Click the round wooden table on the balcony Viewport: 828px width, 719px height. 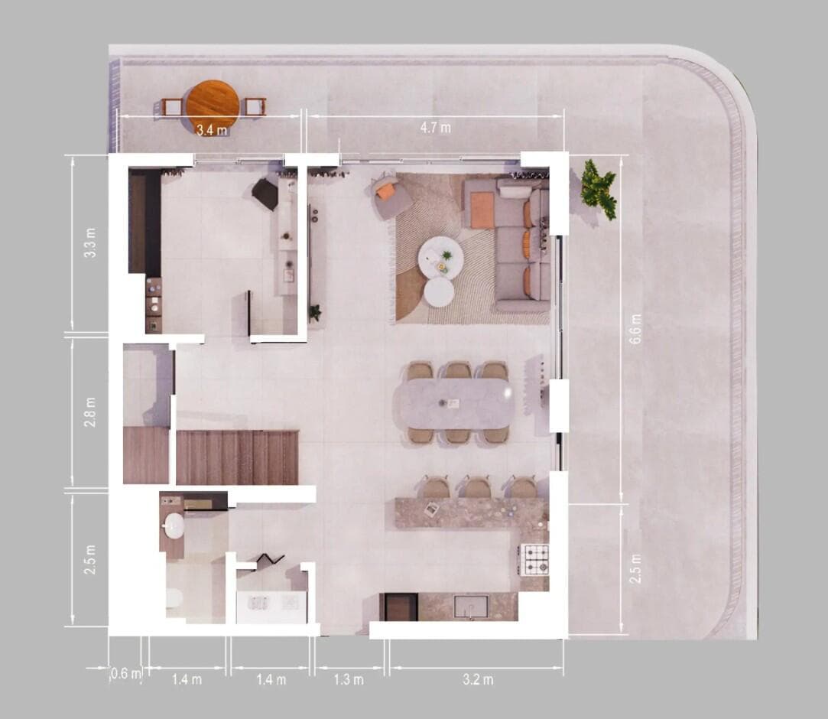pyautogui.click(x=213, y=103)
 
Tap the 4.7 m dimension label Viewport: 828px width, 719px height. pyautogui.click(x=434, y=128)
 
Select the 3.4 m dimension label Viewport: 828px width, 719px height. pyautogui.click(x=212, y=130)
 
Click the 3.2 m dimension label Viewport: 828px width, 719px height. pyautogui.click(x=478, y=679)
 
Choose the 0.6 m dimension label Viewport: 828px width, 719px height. pyautogui.click(x=126, y=674)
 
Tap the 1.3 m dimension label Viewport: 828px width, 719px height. pyautogui.click(x=349, y=679)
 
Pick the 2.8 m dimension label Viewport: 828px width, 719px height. pyautogui.click(x=90, y=412)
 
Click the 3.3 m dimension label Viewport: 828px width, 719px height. pyautogui.click(x=90, y=242)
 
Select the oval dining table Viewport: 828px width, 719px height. pyautogui.click(x=458, y=403)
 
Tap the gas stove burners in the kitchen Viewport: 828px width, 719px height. pyautogui.click(x=534, y=559)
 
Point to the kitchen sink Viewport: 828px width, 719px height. pyautogui.click(x=469, y=607)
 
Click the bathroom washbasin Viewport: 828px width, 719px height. pyautogui.click(x=174, y=525)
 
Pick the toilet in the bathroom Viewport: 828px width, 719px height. pyautogui.click(x=174, y=597)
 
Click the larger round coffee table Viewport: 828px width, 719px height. pyautogui.click(x=440, y=258)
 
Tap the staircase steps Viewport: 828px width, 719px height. pyautogui.click(x=237, y=457)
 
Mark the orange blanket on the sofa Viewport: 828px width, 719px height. pyautogui.click(x=482, y=210)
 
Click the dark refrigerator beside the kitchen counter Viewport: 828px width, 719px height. pyautogui.click(x=398, y=607)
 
